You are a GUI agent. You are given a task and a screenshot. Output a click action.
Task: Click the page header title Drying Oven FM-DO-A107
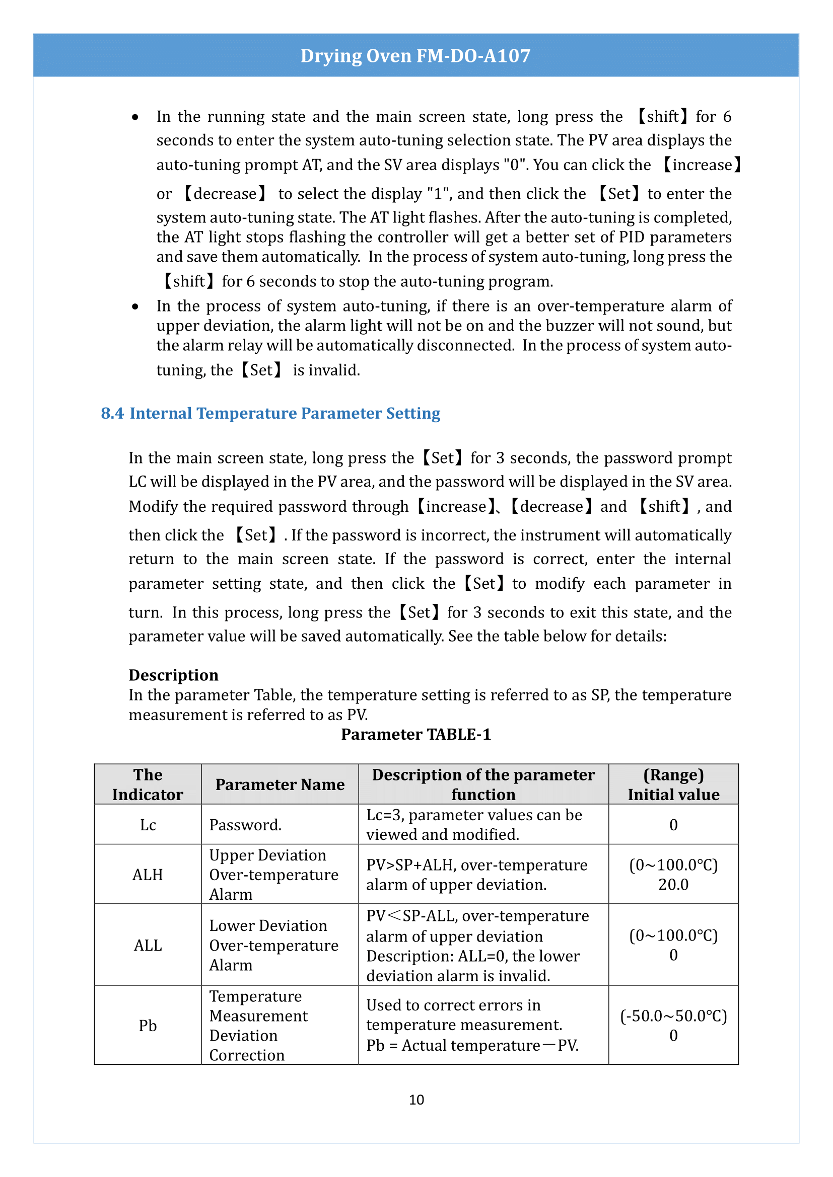coord(415,55)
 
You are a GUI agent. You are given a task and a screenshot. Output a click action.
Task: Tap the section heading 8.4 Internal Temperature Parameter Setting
coord(270,413)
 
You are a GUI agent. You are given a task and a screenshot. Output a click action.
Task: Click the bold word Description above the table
coord(173,675)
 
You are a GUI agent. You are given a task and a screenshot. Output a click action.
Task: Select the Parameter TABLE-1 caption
coord(416,734)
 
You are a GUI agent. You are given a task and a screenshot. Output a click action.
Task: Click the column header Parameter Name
coord(280,784)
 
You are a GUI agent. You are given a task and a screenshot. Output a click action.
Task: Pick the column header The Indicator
coord(148,784)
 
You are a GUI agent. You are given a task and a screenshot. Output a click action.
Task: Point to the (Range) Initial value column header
coord(673,784)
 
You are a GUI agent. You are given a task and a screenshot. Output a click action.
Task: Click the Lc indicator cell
coord(148,825)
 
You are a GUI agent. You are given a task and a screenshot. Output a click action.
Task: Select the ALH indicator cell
coord(148,875)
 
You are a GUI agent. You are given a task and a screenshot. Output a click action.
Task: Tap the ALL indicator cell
coord(148,946)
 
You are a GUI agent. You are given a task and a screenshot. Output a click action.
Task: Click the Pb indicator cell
coord(148,1025)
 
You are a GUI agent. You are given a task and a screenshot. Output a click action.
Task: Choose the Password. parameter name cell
coord(245,825)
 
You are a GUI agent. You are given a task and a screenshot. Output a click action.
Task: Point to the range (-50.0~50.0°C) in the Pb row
coord(673,1015)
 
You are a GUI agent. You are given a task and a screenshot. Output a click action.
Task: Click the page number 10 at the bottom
coord(416,1100)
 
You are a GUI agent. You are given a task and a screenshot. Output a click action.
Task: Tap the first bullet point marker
coord(135,117)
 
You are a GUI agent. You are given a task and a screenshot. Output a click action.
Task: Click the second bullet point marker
coord(135,306)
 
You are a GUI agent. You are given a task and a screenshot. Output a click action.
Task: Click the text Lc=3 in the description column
coord(384,815)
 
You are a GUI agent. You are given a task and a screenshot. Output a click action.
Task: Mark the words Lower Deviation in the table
coord(268,926)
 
